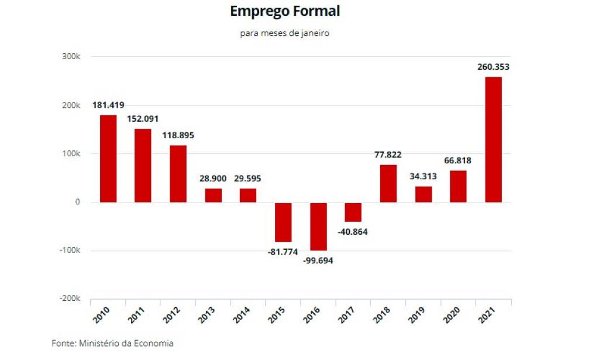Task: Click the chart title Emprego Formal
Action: click(285, 11)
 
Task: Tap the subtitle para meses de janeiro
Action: click(285, 33)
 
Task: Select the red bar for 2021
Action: click(493, 139)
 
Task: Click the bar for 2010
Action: click(108, 159)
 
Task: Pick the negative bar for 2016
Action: click(319, 227)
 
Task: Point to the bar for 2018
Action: click(388, 183)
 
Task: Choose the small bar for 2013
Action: click(214, 196)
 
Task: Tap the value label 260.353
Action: click(493, 67)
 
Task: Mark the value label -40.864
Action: click(353, 231)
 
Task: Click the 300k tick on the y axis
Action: click(72, 57)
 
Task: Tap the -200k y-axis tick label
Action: click(70, 299)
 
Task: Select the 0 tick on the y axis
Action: click(77, 202)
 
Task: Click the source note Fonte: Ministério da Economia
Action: click(112, 343)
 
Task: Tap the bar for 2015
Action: click(284, 222)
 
